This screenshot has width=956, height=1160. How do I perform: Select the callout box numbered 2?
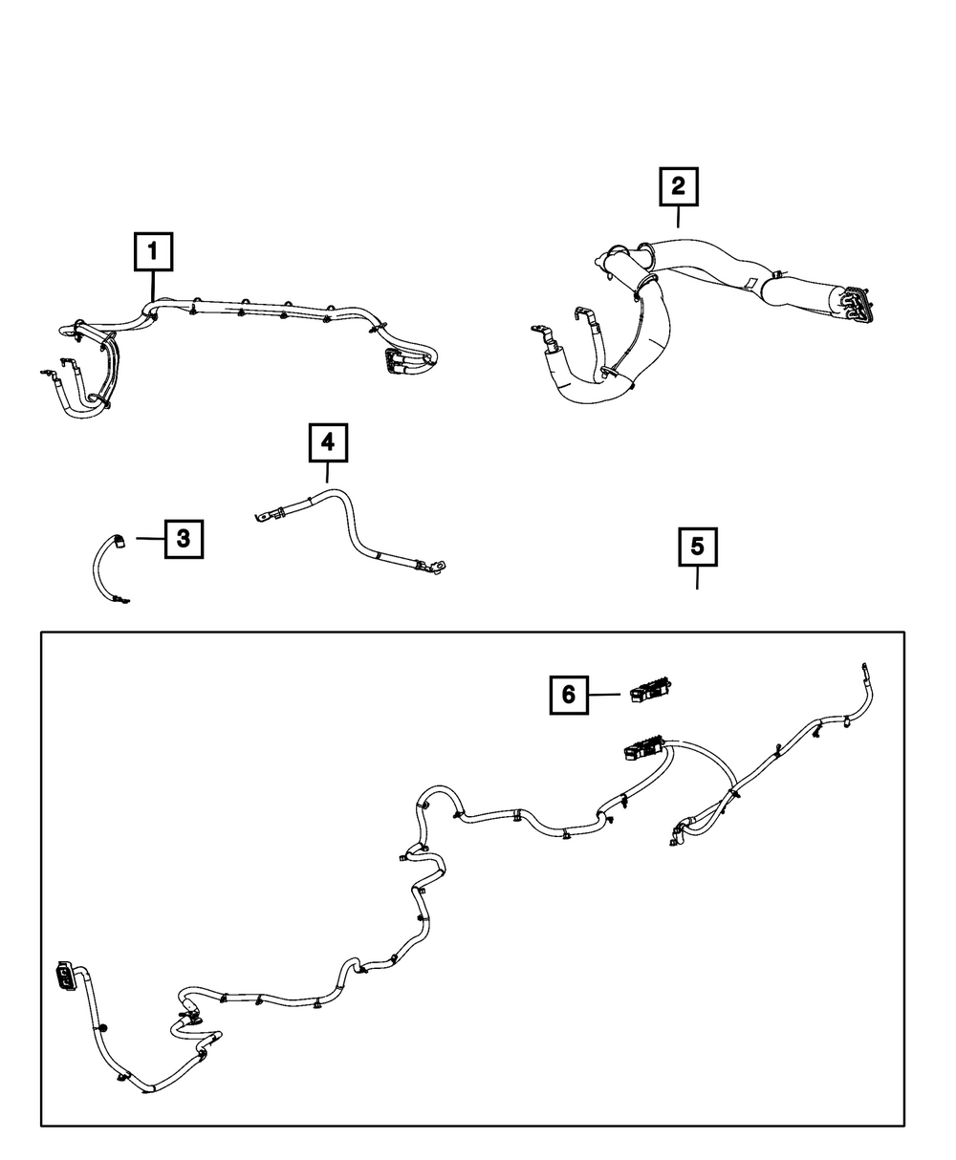pos(678,187)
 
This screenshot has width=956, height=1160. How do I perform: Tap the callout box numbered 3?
pos(184,539)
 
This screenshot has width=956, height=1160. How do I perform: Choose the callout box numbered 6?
pos(568,694)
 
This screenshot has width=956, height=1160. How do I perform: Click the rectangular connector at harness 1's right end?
pos(394,362)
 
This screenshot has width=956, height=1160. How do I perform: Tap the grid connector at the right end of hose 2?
pos(860,303)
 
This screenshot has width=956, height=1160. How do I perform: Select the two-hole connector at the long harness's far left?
pos(65,975)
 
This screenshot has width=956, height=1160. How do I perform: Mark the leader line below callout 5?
pos(697,577)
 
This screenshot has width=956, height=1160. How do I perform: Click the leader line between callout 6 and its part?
pos(604,695)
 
